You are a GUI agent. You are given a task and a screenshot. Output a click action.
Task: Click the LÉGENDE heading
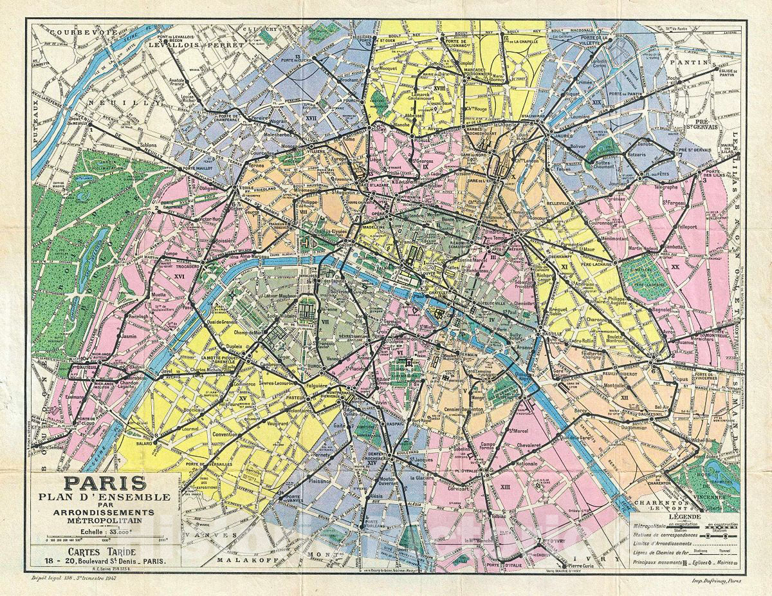coord(684,516)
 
